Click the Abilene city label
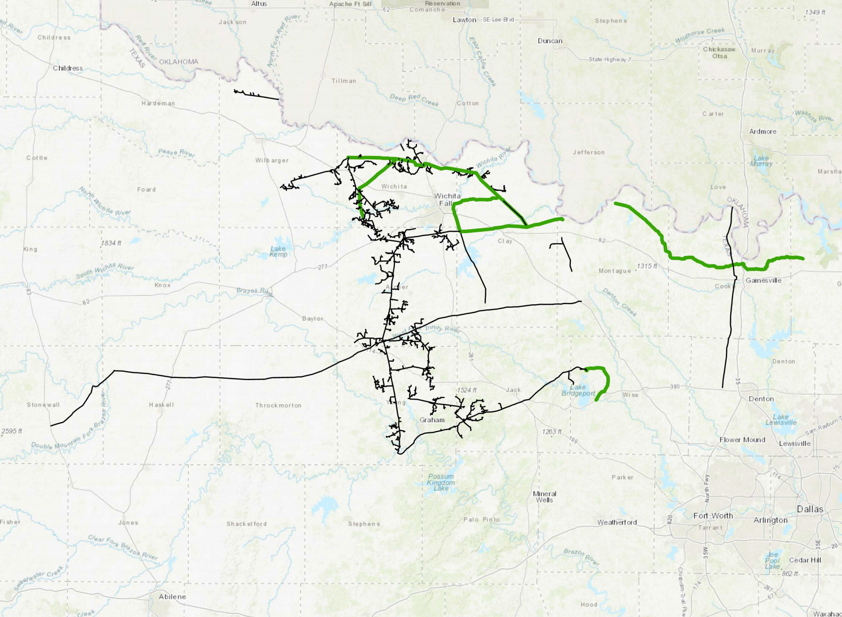(x=172, y=597)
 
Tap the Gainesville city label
(x=763, y=280)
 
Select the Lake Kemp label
(x=278, y=252)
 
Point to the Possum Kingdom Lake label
(x=441, y=482)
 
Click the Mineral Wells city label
(x=544, y=497)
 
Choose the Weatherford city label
(x=617, y=522)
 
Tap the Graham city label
(x=432, y=420)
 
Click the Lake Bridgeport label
(x=578, y=390)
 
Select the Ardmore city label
(x=762, y=131)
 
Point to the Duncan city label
(x=550, y=41)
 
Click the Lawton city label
(x=464, y=19)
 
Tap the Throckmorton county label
(x=278, y=405)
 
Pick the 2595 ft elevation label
(x=12, y=431)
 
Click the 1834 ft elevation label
(x=111, y=243)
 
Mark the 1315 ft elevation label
(x=647, y=266)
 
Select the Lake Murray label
(x=761, y=161)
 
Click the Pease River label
(x=176, y=153)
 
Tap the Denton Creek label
(x=619, y=302)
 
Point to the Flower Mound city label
(x=742, y=440)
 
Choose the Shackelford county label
(x=247, y=524)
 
